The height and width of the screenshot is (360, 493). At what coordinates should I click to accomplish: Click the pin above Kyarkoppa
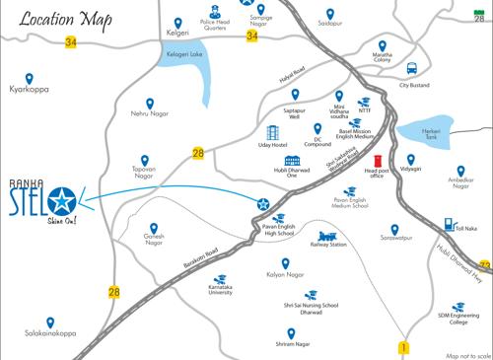coord(30,78)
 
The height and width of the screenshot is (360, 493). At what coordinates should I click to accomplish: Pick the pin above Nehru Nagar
coord(150,103)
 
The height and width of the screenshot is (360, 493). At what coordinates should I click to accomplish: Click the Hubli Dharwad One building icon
coord(292,161)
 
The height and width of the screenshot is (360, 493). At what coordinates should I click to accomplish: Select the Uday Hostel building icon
coord(273,132)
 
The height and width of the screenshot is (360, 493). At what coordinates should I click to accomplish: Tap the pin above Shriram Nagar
coord(292,332)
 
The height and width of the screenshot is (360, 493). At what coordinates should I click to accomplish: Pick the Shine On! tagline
coord(58,220)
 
